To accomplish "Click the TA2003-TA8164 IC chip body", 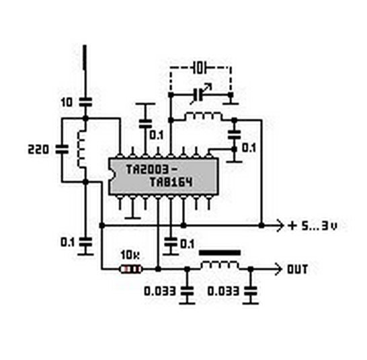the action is point(164,176).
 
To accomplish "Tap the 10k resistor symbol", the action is point(131,269).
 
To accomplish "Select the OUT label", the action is point(297,269).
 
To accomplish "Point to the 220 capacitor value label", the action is point(38,149).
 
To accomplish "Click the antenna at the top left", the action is point(85,57).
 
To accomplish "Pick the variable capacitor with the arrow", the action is point(200,94).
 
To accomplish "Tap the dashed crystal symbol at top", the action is point(200,68).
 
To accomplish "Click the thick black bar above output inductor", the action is point(220,252).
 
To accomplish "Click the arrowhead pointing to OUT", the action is point(278,269).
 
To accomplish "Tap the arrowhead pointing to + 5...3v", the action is point(280,225).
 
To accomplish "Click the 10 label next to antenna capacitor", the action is point(67,102).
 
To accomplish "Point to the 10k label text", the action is point(130,255).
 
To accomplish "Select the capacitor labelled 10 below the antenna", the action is point(85,102).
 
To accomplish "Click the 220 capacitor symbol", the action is point(62,149).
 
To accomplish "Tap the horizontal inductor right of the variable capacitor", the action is point(203,116).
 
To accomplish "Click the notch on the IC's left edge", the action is point(110,176).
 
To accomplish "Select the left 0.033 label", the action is point(160,291).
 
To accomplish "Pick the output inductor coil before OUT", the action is point(220,265).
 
